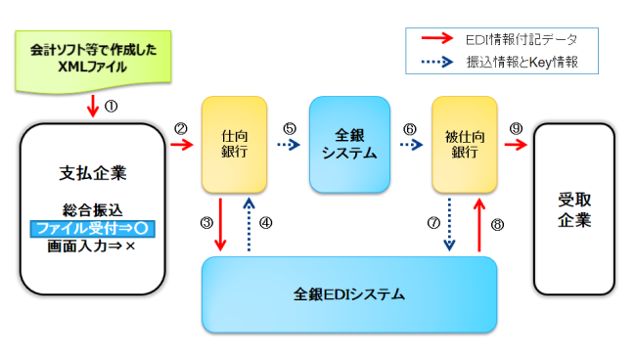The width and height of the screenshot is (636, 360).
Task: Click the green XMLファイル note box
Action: (93, 56)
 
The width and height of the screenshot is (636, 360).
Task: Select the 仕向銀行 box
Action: (234, 144)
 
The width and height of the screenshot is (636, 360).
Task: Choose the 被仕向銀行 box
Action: (465, 144)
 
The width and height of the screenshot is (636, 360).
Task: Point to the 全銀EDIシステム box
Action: (349, 293)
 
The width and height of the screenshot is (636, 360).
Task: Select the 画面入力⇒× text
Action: (94, 247)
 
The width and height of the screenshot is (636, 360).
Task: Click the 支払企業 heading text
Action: (94, 173)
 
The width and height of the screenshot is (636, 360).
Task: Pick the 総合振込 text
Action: (94, 210)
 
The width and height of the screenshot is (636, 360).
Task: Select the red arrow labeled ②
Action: (182, 145)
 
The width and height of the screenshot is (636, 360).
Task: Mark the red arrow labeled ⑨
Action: (516, 145)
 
